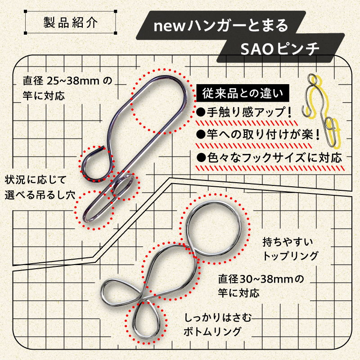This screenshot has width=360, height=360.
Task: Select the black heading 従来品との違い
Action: [x=243, y=94]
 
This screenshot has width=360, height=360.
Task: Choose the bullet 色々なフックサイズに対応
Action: [x=269, y=157]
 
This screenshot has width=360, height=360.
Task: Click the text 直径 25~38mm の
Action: [x=66, y=81]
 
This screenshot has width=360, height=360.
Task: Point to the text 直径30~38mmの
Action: [x=261, y=279]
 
